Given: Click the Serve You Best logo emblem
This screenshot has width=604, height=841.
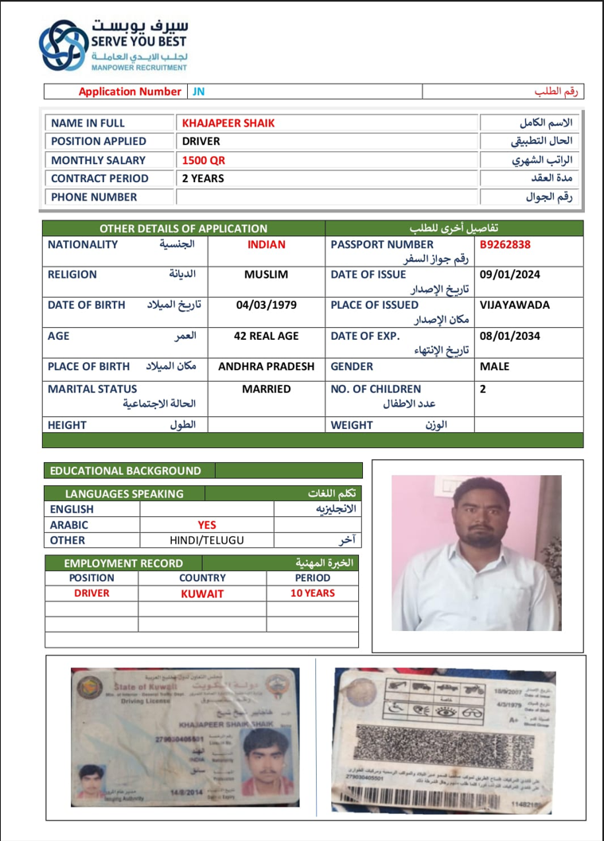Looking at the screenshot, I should tap(65, 46).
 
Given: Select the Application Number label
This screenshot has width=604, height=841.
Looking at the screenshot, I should tap(130, 91).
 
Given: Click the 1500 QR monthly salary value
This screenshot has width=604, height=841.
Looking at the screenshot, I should tap(204, 160).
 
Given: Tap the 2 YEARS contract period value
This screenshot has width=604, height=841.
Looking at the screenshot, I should tap(203, 178).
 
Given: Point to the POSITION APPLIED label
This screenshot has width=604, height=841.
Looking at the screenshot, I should tap(99, 142).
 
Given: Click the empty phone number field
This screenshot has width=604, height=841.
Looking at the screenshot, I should tap(326, 197).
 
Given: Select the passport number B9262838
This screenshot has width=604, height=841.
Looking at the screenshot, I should tap(505, 245).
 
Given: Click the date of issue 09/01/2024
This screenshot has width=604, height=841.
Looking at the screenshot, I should tap(510, 275).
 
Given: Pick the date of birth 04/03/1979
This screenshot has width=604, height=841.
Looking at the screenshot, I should tap(266, 306).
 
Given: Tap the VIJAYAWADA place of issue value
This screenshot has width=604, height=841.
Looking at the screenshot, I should tap(515, 306).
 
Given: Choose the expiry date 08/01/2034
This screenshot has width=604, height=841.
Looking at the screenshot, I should tap(510, 337).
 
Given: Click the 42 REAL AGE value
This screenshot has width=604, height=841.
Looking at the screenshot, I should tap(266, 337).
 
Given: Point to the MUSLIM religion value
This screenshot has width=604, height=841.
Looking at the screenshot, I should tap(266, 275).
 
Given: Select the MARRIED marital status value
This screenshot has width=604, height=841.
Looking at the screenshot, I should tap(266, 390).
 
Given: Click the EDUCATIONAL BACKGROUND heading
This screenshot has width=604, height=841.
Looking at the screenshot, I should tap(126, 471).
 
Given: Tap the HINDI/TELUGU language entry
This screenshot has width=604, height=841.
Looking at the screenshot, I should tap(206, 541).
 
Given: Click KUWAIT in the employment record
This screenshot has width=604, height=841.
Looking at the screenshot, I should tap(202, 594).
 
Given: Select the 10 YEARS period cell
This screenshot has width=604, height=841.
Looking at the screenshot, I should tap(312, 594).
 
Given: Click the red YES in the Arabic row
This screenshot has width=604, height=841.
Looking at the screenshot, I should tap(207, 525).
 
